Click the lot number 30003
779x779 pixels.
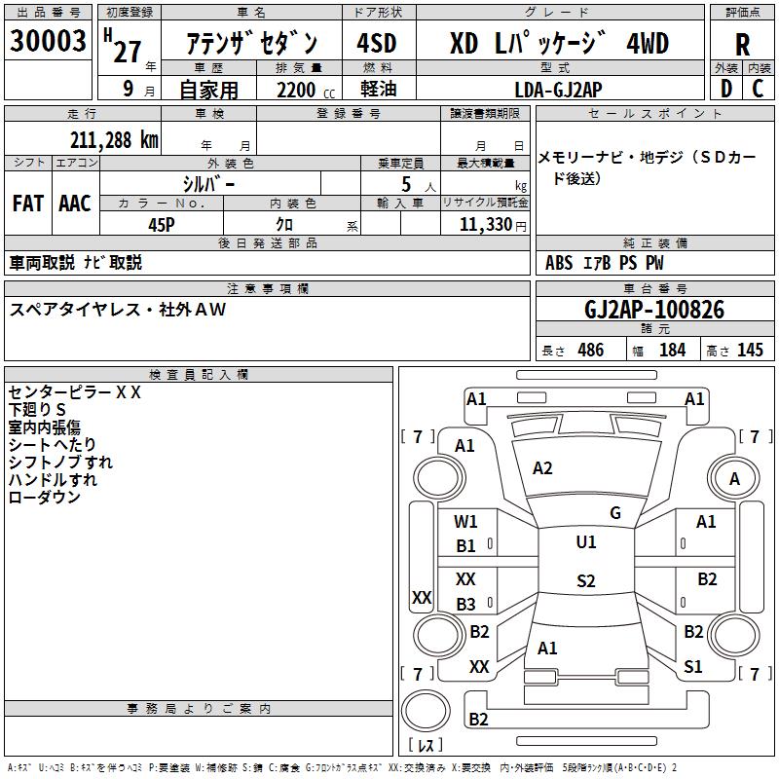(49, 42)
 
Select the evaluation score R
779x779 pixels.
(742, 44)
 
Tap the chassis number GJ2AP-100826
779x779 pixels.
(654, 310)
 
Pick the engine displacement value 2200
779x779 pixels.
(297, 90)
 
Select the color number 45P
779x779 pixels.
(162, 223)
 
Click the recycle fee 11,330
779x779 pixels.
(492, 224)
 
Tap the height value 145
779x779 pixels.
(750, 350)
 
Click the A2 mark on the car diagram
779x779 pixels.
(542, 468)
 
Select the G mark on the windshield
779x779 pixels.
(615, 513)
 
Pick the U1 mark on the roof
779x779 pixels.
(585, 542)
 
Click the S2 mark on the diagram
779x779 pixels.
(585, 581)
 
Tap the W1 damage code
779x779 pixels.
(466, 522)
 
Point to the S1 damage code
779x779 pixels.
(693, 667)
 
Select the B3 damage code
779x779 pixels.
(466, 604)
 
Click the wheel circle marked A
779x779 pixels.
(735, 478)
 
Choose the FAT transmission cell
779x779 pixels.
(27, 204)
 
